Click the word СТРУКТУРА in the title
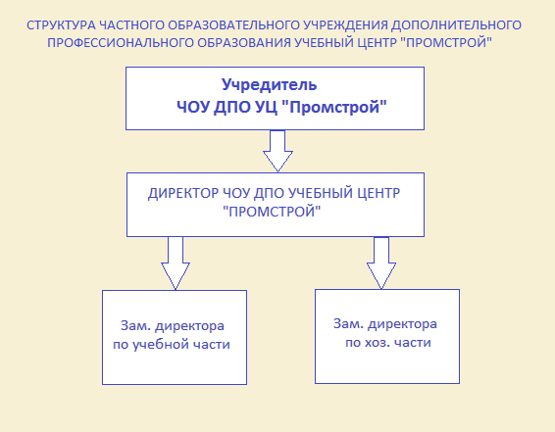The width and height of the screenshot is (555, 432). pyautogui.click(x=61, y=25)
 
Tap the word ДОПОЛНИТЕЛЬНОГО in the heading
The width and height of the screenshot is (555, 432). pyautogui.click(x=456, y=25)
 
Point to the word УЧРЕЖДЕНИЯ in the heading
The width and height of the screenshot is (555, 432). pyautogui.click(x=345, y=25)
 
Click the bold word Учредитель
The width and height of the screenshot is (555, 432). pyautogui.click(x=269, y=85)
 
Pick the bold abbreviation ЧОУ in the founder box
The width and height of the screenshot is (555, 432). pyautogui.click(x=193, y=107)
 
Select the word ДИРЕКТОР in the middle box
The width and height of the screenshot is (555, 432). pyautogui.click(x=183, y=194)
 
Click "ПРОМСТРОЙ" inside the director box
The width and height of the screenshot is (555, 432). pyautogui.click(x=272, y=212)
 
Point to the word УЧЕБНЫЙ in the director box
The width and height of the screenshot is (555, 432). pyautogui.click(x=321, y=193)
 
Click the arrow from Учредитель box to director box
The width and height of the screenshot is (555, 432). pyautogui.click(x=277, y=151)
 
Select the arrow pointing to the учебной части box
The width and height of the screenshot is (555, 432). pyautogui.click(x=176, y=263)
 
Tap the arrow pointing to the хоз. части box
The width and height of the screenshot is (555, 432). pyautogui.click(x=381, y=263)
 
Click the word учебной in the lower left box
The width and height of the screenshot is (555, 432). pyautogui.click(x=162, y=345)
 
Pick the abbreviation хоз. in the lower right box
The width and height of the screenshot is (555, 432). pyautogui.click(x=378, y=343)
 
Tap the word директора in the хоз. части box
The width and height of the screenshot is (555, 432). pyautogui.click(x=402, y=324)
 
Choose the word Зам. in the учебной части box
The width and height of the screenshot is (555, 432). pyautogui.click(x=136, y=325)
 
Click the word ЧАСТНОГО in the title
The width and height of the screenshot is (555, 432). pyautogui.click(x=131, y=25)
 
